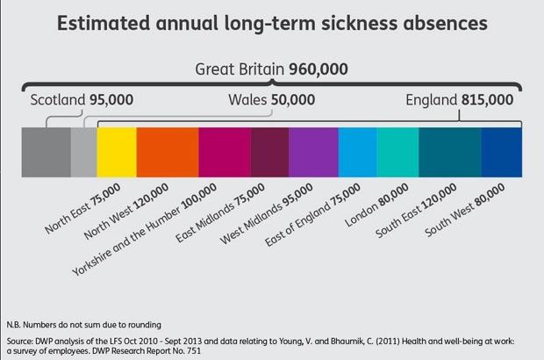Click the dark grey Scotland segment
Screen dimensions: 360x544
[x=46, y=155]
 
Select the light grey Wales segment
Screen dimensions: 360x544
[x=83, y=155]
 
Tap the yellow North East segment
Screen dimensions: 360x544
[x=117, y=155]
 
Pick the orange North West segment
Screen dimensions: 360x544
[x=168, y=155]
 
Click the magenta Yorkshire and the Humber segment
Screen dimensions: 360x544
[x=225, y=155]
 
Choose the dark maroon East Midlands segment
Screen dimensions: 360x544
[x=269, y=155]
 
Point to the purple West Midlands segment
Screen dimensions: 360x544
[x=313, y=155]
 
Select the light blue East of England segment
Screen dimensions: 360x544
[x=357, y=155]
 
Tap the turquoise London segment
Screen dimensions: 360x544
[x=397, y=155]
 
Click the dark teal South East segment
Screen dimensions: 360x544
[x=450, y=155]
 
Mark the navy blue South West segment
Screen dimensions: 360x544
[x=501, y=155]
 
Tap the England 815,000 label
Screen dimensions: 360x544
[x=459, y=100]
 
